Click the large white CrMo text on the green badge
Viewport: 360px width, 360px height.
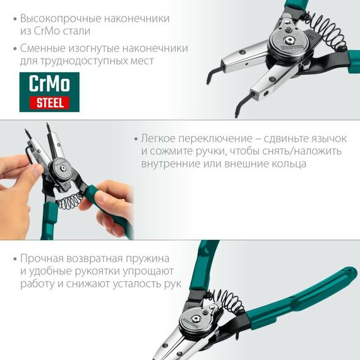(x=49, y=83)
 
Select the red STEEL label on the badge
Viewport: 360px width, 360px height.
(x=49, y=102)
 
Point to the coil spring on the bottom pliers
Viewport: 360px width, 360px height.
(x=224, y=301)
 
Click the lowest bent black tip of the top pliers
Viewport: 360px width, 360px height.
(x=237, y=112)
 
